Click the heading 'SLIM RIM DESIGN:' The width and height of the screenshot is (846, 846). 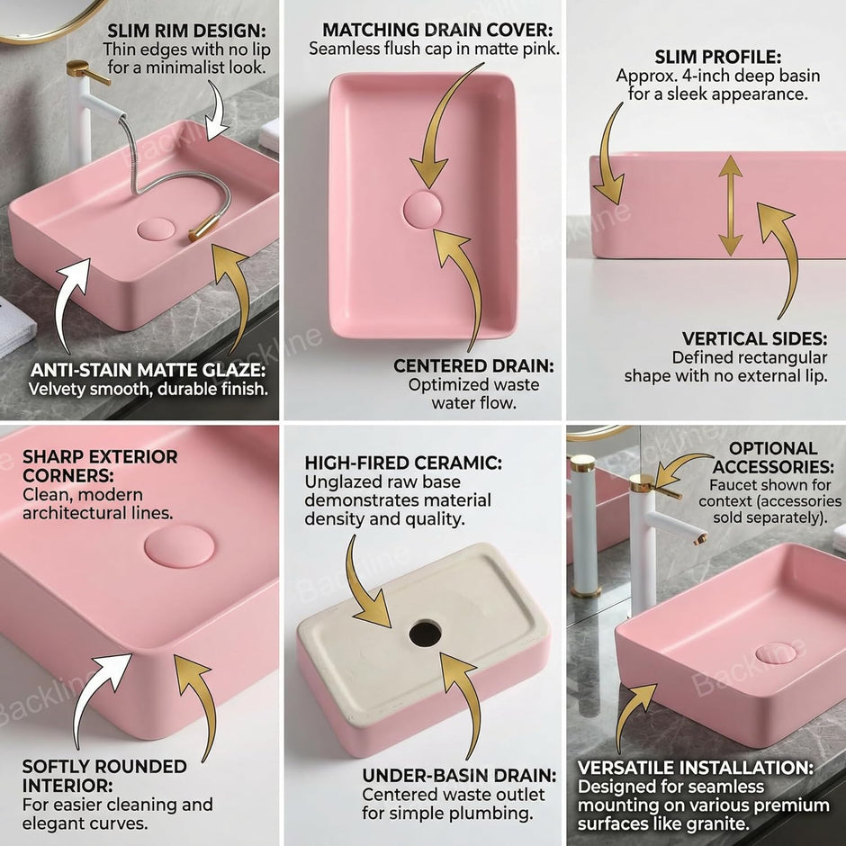click(x=186, y=31)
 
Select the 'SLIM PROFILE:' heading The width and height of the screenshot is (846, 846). click(x=717, y=57)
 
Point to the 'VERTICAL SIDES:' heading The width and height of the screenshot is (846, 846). click(x=754, y=338)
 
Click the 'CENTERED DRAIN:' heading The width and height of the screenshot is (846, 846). click(x=473, y=365)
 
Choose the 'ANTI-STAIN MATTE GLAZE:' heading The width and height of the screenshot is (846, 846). click(x=148, y=370)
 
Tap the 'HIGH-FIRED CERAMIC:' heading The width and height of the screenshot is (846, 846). click(x=403, y=463)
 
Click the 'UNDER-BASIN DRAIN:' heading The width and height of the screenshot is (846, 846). click(x=459, y=775)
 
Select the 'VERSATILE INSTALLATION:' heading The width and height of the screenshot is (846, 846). click(x=696, y=767)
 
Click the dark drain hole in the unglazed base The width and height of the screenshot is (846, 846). click(x=425, y=633)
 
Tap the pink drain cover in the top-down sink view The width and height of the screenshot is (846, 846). click(x=422, y=210)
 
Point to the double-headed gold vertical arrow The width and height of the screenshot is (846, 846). click(x=731, y=205)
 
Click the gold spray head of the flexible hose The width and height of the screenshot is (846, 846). click(x=204, y=228)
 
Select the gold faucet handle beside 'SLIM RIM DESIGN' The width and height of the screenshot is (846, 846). click(x=86, y=71)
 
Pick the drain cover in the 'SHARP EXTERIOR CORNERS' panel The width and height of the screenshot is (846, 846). click(x=179, y=546)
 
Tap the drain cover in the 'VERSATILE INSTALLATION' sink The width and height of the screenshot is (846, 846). click(x=776, y=653)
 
